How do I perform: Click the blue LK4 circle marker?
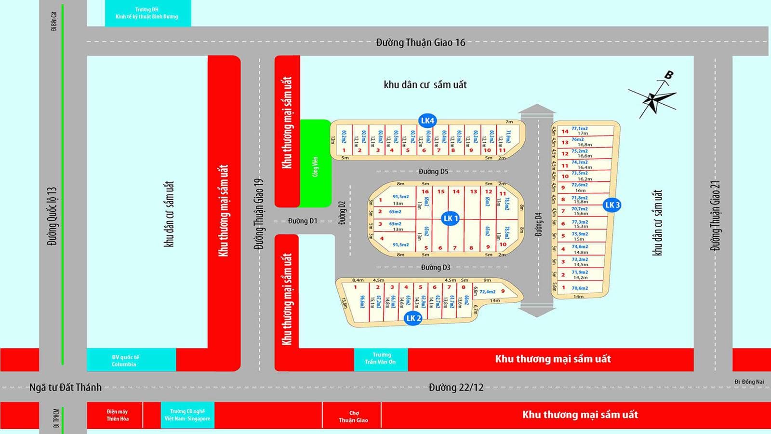click(x=427, y=121)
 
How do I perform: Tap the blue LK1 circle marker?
click(x=451, y=218)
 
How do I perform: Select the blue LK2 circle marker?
click(x=413, y=318)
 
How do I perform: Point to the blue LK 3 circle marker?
click(x=612, y=205)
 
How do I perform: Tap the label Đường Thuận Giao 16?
click(x=421, y=42)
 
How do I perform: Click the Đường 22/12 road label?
click(x=456, y=387)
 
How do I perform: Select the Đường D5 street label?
click(x=433, y=172)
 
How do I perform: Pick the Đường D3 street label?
click(x=435, y=267)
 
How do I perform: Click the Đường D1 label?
click(x=303, y=221)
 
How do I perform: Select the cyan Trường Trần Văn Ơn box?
click(x=381, y=358)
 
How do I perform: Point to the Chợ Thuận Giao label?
click(x=353, y=417)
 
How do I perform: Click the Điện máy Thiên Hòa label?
click(x=118, y=415)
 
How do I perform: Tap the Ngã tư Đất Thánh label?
click(x=66, y=387)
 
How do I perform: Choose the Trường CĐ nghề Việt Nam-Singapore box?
click(x=187, y=415)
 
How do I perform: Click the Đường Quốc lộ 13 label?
click(x=52, y=216)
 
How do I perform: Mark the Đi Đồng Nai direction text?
click(x=749, y=382)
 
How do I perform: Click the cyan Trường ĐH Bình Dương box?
click(x=147, y=13)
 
